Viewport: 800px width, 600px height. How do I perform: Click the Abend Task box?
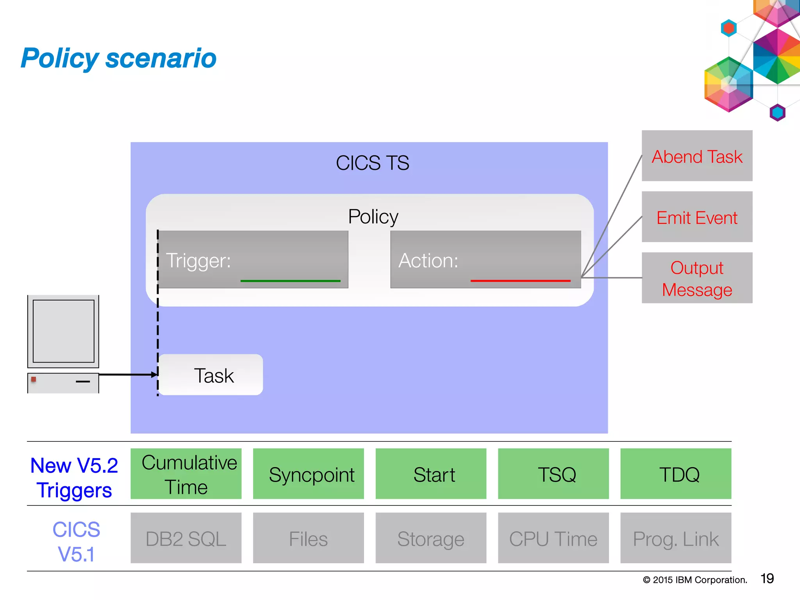point(697,156)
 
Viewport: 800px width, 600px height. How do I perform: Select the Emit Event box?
point(697,217)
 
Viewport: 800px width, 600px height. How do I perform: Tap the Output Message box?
point(697,278)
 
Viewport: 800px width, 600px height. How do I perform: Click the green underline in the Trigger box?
point(290,281)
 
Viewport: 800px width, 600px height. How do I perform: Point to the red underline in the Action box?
point(520,281)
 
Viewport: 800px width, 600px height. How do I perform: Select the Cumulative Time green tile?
point(186,474)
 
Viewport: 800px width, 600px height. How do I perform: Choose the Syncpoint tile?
point(309,474)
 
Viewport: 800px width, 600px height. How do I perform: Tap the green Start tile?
point(431,474)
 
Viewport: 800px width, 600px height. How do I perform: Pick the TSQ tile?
point(553,474)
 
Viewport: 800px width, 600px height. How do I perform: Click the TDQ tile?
point(676,474)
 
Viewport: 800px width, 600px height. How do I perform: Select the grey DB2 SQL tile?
point(186,538)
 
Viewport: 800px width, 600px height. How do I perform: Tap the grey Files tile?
point(309,538)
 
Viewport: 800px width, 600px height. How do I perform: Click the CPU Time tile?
point(553,538)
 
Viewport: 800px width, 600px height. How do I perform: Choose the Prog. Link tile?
point(676,538)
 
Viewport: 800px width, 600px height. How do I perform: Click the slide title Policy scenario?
point(118,58)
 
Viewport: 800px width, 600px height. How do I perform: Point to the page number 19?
point(767,579)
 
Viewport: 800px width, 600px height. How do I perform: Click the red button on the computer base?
point(34,379)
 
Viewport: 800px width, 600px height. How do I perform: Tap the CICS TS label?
point(372,163)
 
